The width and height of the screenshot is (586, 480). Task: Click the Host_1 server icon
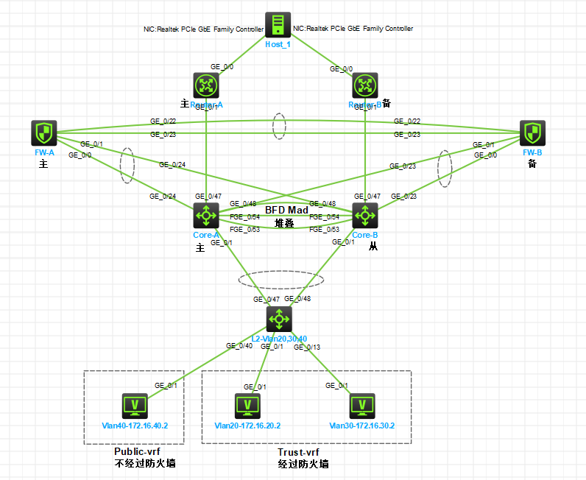tap(278, 25)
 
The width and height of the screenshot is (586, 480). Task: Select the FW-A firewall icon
tap(45, 134)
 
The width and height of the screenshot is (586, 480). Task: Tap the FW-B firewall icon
tap(532, 134)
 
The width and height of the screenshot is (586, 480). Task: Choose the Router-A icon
tap(205, 85)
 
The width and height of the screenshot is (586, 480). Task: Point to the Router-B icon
tap(365, 85)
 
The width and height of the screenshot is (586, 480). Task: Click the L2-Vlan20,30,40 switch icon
tap(279, 319)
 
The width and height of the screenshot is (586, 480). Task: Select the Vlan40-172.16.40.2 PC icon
tap(135, 406)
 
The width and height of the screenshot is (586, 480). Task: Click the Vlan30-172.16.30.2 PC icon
tap(361, 406)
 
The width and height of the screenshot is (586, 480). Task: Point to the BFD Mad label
tap(286, 211)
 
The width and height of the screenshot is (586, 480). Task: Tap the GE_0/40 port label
tap(239, 345)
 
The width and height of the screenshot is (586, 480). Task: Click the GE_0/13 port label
tap(307, 346)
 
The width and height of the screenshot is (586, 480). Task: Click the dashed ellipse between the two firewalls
tap(278, 126)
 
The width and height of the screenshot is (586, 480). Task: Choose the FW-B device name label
tap(532, 152)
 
